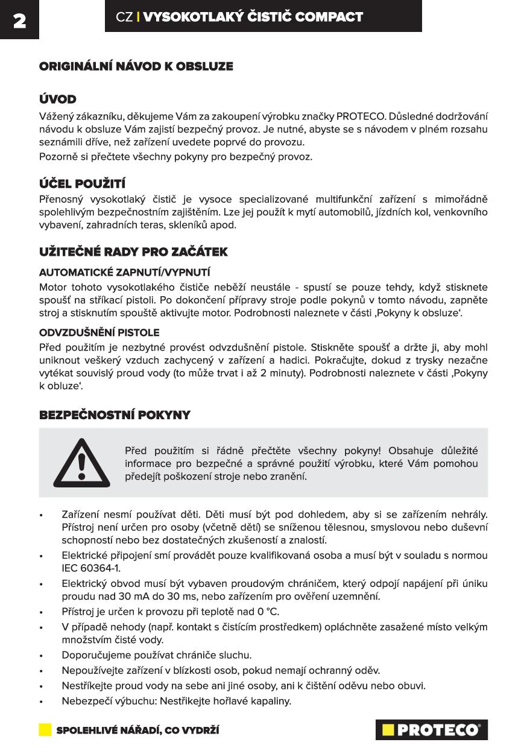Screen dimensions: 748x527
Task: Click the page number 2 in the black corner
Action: click(x=19, y=21)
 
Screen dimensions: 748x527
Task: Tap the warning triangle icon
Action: click(x=82, y=463)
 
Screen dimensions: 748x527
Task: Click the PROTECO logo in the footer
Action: click(x=431, y=730)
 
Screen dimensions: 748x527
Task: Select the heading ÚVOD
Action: click(x=58, y=99)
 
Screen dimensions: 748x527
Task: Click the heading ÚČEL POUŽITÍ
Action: click(x=82, y=183)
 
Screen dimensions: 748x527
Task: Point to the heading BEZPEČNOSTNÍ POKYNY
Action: click(x=115, y=415)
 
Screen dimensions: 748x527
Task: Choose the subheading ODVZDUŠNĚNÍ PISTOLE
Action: click(x=99, y=332)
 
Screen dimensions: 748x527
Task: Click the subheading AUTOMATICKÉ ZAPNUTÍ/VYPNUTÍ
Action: click(x=125, y=272)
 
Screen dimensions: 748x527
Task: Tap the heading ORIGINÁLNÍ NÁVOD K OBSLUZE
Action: click(x=136, y=66)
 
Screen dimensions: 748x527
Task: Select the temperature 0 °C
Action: click(x=265, y=612)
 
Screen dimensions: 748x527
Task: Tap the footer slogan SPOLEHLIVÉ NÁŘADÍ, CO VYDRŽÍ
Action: click(x=137, y=731)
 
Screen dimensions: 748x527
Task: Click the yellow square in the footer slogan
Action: click(x=45, y=730)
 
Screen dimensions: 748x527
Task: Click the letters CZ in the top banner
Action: click(x=125, y=17)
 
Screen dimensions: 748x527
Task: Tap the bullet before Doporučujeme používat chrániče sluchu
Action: click(x=41, y=656)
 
